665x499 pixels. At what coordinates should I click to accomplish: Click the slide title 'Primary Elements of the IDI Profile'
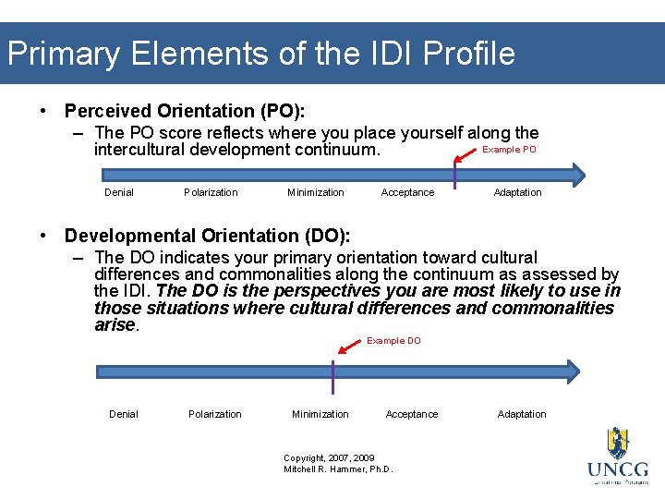(x=260, y=53)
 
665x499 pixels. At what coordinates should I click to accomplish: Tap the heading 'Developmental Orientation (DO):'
(x=208, y=236)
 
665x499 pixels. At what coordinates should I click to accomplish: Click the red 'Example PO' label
(x=509, y=150)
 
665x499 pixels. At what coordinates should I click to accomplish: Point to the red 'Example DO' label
(x=393, y=341)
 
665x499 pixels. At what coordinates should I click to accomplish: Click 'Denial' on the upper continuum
(x=119, y=193)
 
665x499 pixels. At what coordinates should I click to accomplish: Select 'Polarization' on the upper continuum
(x=211, y=193)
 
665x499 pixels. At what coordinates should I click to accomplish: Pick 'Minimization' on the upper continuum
(x=316, y=193)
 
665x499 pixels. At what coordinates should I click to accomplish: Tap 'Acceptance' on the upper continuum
(x=407, y=193)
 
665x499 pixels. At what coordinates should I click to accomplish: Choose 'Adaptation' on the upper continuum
(x=517, y=193)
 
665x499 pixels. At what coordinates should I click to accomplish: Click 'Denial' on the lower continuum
(x=124, y=415)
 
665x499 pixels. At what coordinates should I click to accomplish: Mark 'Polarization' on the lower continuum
(x=215, y=415)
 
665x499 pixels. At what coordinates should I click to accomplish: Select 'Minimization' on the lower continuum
(x=320, y=415)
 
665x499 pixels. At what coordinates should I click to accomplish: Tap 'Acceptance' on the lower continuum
(x=412, y=415)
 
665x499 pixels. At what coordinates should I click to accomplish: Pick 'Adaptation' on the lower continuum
(x=522, y=415)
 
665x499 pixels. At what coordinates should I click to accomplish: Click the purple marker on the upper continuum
(x=455, y=173)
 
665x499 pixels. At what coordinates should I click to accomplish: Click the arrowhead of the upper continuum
(x=577, y=175)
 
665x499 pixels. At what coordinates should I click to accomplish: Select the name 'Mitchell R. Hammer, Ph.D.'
(x=338, y=469)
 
